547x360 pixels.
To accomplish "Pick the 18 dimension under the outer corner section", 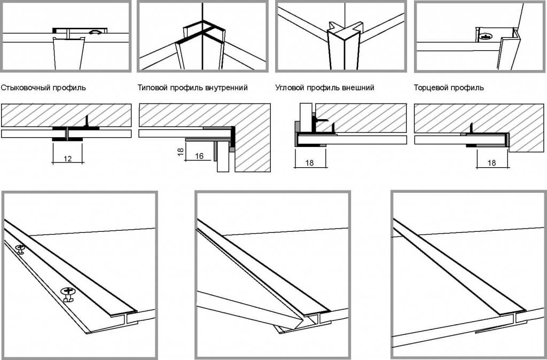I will [x=310, y=163].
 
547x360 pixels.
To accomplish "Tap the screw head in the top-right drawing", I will [x=486, y=36].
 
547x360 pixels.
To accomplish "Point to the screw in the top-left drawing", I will [x=96, y=33].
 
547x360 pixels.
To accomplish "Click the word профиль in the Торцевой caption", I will [x=468, y=88].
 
